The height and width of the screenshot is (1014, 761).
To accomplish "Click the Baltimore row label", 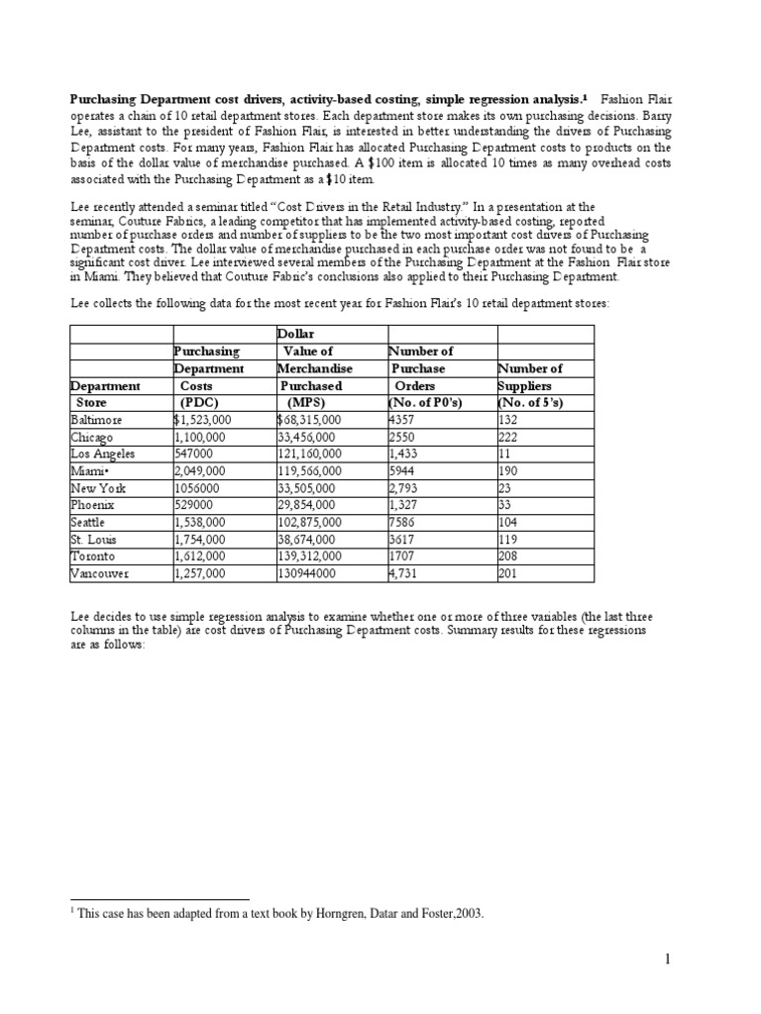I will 96,421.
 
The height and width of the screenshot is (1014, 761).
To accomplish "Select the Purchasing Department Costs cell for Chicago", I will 199,437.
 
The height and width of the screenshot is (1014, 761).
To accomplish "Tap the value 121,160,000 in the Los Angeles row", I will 310,454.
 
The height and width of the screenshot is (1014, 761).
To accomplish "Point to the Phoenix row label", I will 93,505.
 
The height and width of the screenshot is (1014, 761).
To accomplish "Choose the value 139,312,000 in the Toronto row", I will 310,557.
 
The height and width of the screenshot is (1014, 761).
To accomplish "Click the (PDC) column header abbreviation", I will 199,402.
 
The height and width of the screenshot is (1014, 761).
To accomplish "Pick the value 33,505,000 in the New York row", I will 307,488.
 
